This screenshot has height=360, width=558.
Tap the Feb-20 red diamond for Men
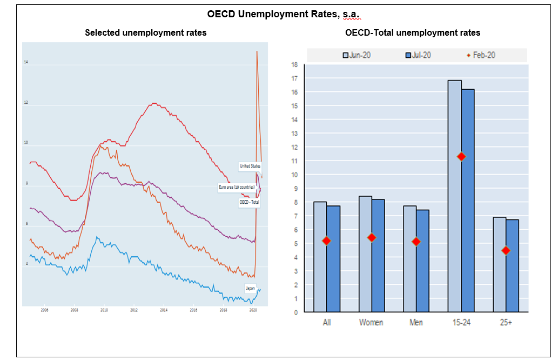click(x=416, y=242)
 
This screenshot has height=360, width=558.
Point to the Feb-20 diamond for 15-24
click(x=461, y=156)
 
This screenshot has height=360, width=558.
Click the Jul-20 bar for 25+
click(x=512, y=265)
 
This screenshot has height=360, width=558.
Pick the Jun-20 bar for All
click(x=320, y=256)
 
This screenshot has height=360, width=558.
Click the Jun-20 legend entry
click(x=357, y=55)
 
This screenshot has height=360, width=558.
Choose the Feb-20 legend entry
click(x=481, y=55)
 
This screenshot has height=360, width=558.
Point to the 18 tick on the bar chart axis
click(x=294, y=64)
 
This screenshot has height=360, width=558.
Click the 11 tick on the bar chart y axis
click(x=294, y=161)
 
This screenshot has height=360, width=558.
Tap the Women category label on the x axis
click(x=371, y=323)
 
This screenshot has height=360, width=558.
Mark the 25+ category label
click(x=505, y=323)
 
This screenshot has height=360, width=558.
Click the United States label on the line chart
click(x=250, y=166)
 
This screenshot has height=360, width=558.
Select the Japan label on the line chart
click(x=250, y=288)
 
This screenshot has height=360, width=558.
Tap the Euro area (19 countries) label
click(x=236, y=187)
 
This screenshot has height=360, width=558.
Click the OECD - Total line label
click(x=249, y=202)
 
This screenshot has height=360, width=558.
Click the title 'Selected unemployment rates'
click(x=146, y=33)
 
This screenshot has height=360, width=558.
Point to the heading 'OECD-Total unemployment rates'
click(x=413, y=33)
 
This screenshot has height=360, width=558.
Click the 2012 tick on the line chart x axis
click(x=133, y=310)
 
